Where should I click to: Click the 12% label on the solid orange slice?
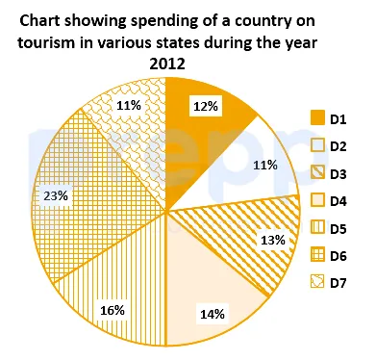[x=206, y=106]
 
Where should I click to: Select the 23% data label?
[x=56, y=195]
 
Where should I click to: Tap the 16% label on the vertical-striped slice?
[x=113, y=310]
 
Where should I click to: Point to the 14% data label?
[x=213, y=314]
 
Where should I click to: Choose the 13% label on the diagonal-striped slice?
[x=273, y=240]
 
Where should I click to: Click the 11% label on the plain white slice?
[x=265, y=166]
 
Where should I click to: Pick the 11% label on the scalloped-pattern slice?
[x=129, y=105]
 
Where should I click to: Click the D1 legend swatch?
[x=317, y=117]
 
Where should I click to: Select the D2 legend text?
[x=338, y=146]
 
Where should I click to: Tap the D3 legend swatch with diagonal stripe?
[x=317, y=173]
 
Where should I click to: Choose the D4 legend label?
[x=338, y=201]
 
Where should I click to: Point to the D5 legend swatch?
[x=317, y=228]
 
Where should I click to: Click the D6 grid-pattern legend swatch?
[x=317, y=255]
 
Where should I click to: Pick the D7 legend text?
[x=338, y=283]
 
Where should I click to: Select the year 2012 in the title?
[x=167, y=64]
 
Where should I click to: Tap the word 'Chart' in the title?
[x=39, y=21]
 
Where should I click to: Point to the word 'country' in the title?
[x=262, y=22]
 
